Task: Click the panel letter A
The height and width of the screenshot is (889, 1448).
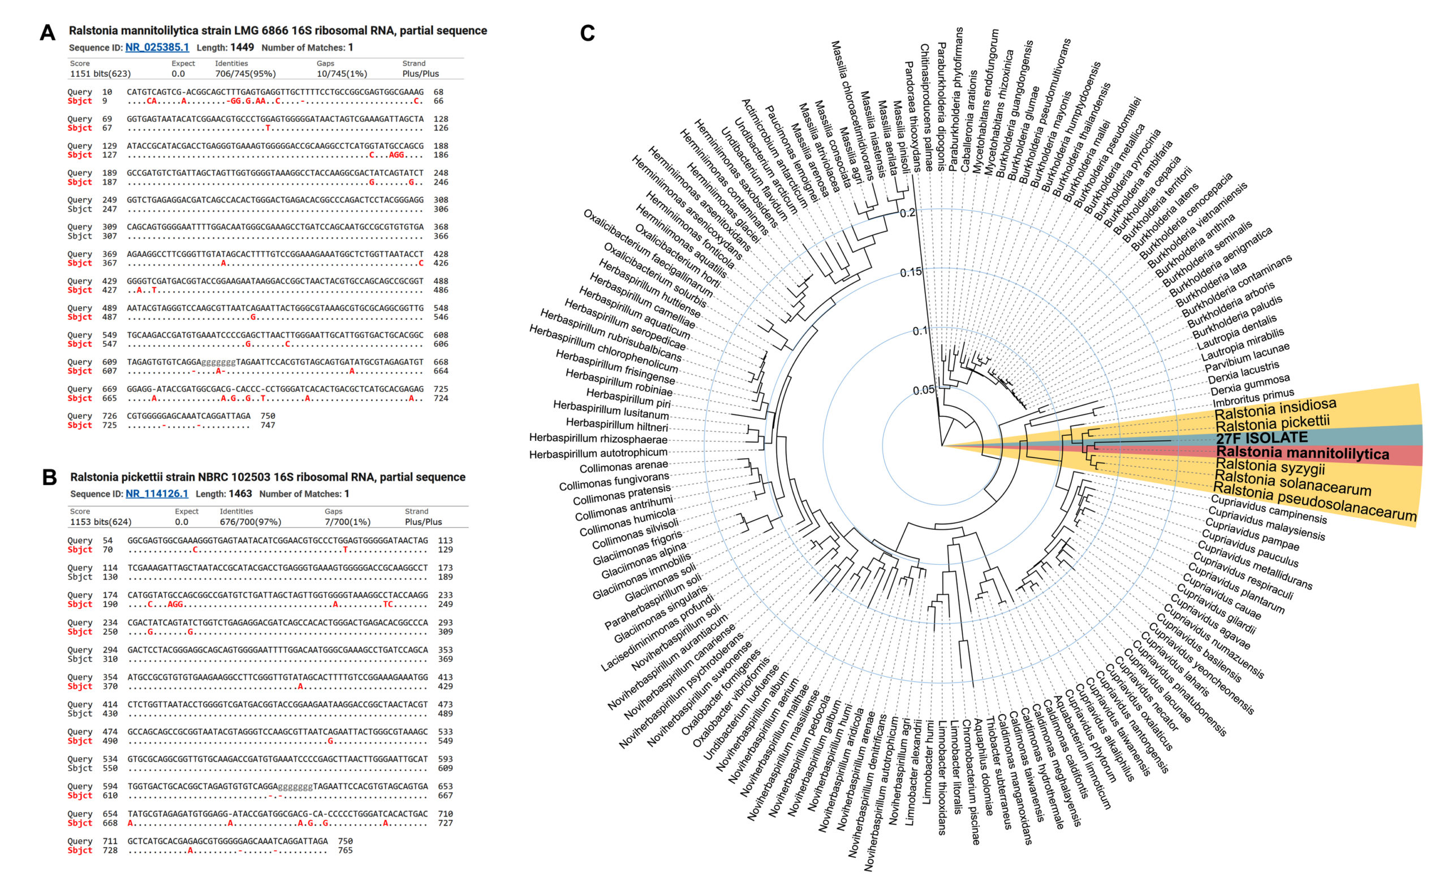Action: point(48,32)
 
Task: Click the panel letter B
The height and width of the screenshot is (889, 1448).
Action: point(49,478)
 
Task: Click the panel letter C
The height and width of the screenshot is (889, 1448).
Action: point(587,33)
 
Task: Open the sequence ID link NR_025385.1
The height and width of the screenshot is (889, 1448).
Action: point(157,48)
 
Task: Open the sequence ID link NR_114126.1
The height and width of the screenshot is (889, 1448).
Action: point(157,494)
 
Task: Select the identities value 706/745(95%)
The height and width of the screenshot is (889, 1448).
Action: point(245,74)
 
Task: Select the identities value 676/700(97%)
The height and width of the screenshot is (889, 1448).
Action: point(251,522)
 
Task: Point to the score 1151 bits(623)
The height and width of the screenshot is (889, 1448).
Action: point(101,74)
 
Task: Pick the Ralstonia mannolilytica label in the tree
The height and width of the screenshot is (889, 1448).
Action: point(1302,453)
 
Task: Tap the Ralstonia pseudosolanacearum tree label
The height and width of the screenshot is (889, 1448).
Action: point(1315,501)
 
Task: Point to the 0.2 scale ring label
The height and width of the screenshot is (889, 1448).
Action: point(907,212)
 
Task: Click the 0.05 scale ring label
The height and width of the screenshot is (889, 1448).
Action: point(924,390)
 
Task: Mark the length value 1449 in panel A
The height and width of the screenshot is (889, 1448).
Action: point(242,48)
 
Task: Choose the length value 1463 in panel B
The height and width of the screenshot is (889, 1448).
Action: point(240,494)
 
